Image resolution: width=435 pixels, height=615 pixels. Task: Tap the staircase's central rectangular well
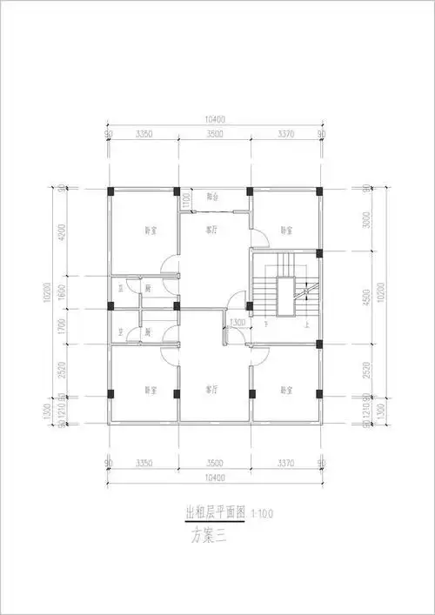coord(284,298)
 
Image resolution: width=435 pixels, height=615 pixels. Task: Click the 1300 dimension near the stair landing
coord(237,324)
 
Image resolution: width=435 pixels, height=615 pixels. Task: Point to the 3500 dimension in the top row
coord(214,134)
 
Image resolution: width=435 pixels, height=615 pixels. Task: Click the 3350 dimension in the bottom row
coord(144,464)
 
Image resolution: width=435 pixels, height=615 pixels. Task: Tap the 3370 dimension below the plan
coord(288,464)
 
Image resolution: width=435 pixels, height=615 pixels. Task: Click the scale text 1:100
coord(260,516)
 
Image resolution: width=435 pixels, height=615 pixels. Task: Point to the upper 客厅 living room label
coord(211,231)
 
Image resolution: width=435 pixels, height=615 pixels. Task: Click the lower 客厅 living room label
coord(211,388)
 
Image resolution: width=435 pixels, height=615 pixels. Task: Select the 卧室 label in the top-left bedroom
coord(151,231)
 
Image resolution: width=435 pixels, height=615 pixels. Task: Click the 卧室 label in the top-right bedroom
coord(286,231)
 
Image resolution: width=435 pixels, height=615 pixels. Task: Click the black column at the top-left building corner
coord(110,191)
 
